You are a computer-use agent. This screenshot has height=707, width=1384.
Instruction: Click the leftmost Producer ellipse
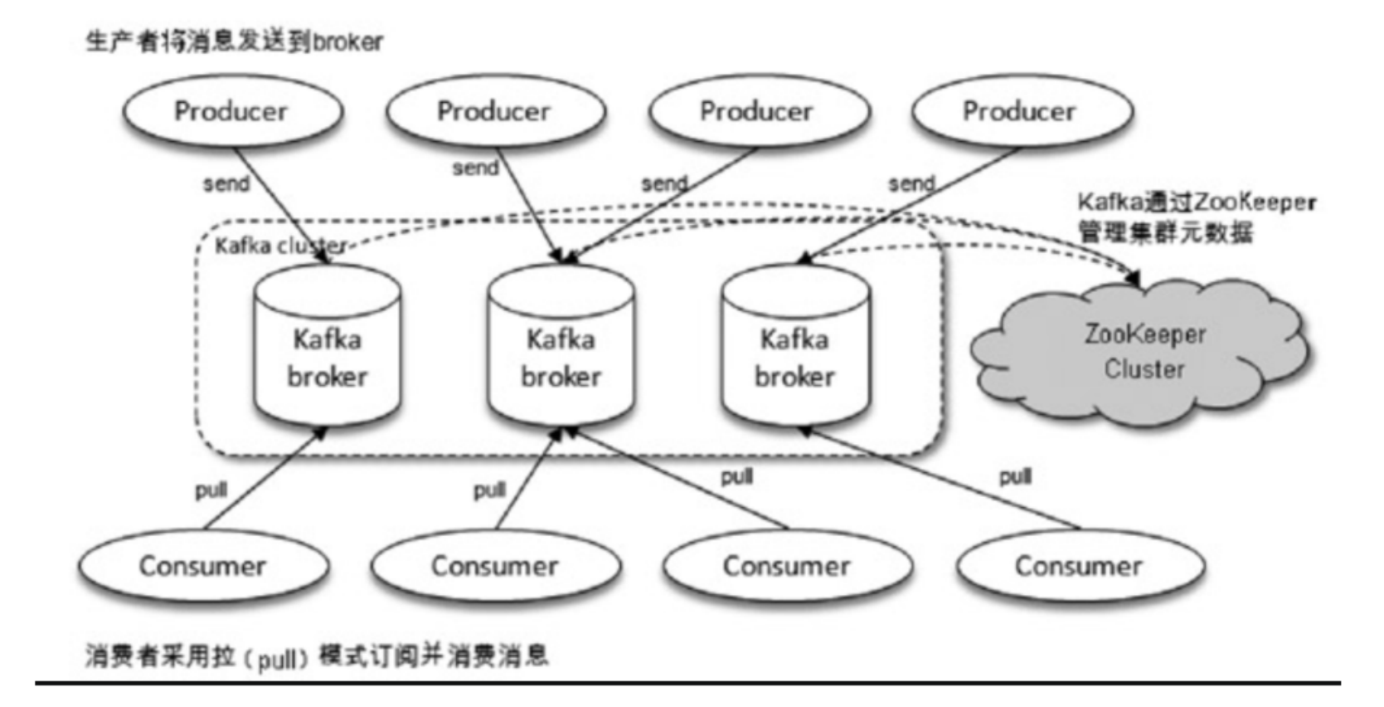click(x=232, y=111)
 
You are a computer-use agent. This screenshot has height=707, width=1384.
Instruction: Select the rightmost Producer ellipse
click(x=1022, y=111)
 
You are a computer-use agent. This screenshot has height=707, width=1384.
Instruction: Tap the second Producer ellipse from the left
click(x=496, y=111)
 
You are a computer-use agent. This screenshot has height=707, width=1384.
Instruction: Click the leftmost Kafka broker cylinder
click(x=327, y=345)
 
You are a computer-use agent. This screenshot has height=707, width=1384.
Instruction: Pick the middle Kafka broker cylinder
click(x=561, y=345)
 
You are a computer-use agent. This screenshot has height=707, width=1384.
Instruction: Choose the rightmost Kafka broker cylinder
click(x=795, y=345)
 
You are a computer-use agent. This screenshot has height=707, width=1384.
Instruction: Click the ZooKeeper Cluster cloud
click(x=1142, y=353)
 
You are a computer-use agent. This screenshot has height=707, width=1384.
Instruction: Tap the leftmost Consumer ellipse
click(x=203, y=566)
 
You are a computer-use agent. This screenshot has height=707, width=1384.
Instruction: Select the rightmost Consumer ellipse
click(x=1080, y=566)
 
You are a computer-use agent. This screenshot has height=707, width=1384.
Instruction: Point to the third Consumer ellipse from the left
click(x=787, y=566)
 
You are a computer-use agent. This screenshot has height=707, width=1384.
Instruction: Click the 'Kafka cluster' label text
click(x=280, y=246)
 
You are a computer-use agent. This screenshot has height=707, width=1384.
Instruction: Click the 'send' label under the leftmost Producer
click(x=226, y=183)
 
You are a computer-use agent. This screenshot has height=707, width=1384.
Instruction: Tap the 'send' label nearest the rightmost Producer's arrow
click(x=911, y=183)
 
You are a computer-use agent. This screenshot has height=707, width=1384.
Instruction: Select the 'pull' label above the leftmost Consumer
click(x=211, y=490)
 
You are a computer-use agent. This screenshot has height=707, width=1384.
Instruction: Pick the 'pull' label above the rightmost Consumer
click(x=1016, y=477)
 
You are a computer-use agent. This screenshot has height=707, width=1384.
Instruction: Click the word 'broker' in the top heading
click(x=347, y=42)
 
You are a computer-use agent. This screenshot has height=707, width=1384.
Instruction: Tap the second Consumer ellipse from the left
click(x=496, y=566)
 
